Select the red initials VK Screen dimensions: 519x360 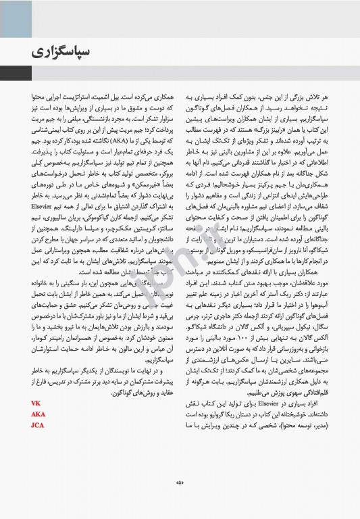(36, 403)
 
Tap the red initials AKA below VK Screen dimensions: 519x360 (38, 414)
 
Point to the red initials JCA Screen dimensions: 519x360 (38, 425)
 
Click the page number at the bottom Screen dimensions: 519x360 (180, 482)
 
